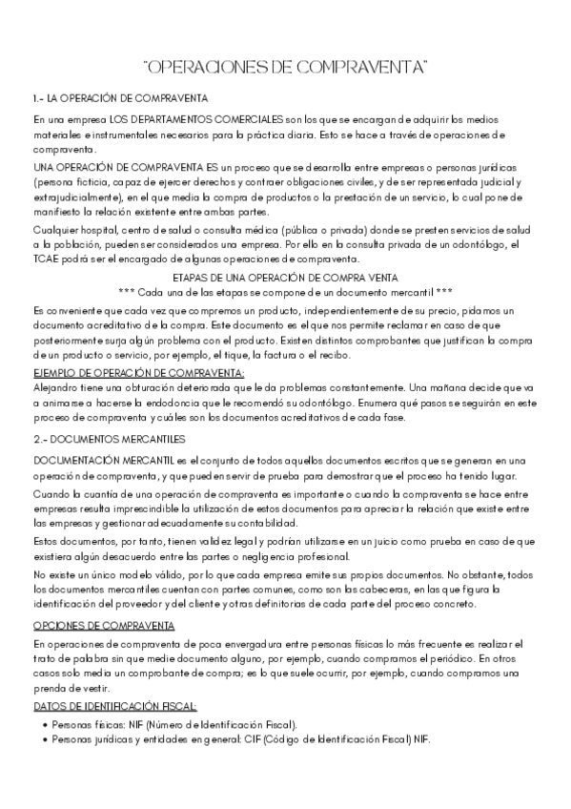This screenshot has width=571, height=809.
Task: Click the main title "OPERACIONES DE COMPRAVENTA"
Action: [285, 67]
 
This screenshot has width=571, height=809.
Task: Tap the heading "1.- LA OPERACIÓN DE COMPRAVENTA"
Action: [120, 99]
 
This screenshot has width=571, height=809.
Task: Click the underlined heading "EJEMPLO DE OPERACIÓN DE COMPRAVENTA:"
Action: [138, 372]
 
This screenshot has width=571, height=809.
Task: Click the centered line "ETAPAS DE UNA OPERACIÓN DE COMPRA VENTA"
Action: [285, 277]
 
